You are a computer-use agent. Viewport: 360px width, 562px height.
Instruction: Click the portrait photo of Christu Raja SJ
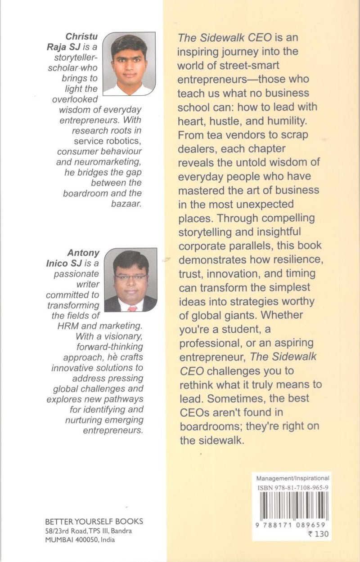129,63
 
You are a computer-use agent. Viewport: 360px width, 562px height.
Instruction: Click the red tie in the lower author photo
131,309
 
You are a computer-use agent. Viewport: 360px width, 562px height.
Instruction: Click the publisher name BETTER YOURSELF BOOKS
94,522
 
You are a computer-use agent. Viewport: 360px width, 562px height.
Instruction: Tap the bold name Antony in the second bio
82,253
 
